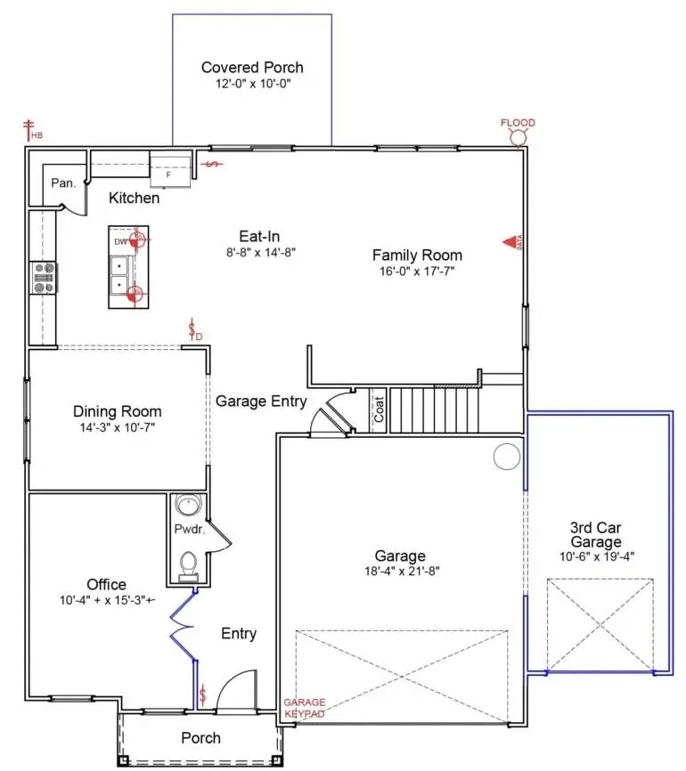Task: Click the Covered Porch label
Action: click(x=252, y=68)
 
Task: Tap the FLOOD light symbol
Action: click(x=518, y=135)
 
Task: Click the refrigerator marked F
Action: click(x=169, y=169)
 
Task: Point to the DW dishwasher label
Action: click(x=120, y=241)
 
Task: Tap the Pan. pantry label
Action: click(x=62, y=183)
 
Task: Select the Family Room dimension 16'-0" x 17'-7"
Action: click(x=417, y=272)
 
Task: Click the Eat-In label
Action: click(x=259, y=236)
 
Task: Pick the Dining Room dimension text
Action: click(x=117, y=427)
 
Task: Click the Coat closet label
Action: click(x=379, y=410)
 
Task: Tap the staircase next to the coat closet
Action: click(x=435, y=410)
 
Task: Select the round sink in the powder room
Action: click(x=188, y=507)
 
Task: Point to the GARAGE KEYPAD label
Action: click(x=305, y=708)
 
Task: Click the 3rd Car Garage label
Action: click(x=595, y=534)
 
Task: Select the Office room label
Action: click(x=106, y=584)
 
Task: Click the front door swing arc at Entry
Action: click(x=235, y=690)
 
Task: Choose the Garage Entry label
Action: click(x=261, y=402)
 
